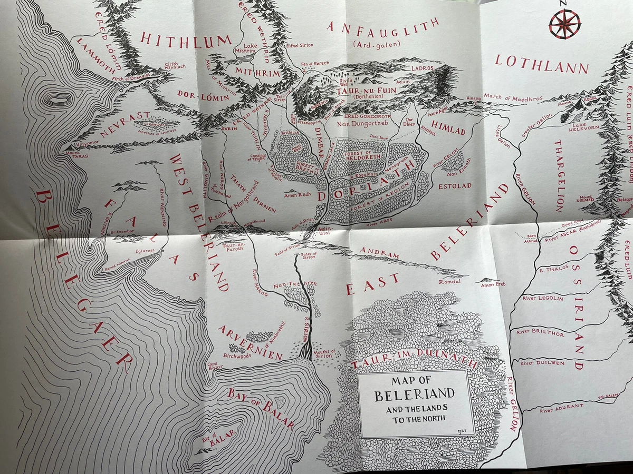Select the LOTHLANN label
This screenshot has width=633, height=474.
pos(541,64)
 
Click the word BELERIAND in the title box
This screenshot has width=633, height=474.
pos(414,394)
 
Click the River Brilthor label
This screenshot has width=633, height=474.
pos(541,333)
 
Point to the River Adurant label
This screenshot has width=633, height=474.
pos(561,407)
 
